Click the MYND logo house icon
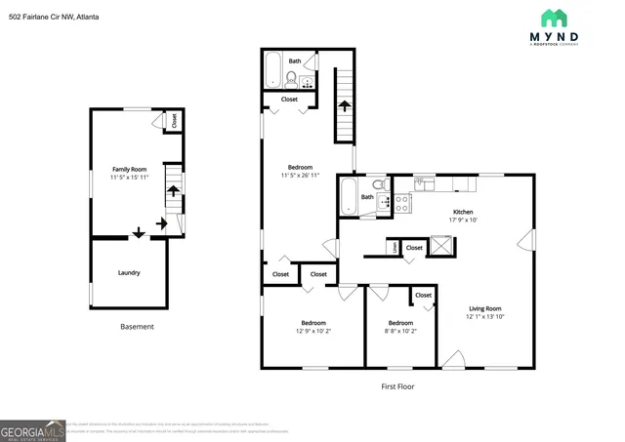[554, 18]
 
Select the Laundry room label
[129, 272]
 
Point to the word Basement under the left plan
[137, 327]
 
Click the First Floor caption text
[397, 386]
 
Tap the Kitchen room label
[462, 212]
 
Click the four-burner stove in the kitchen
[400, 203]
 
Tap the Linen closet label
[393, 248]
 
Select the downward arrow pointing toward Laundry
[138, 232]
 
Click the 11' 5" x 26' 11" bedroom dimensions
[301, 176]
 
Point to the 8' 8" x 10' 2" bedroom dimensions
[400, 330]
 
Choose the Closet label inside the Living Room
[423, 295]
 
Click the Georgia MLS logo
[32, 430]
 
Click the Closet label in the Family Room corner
[174, 120]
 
